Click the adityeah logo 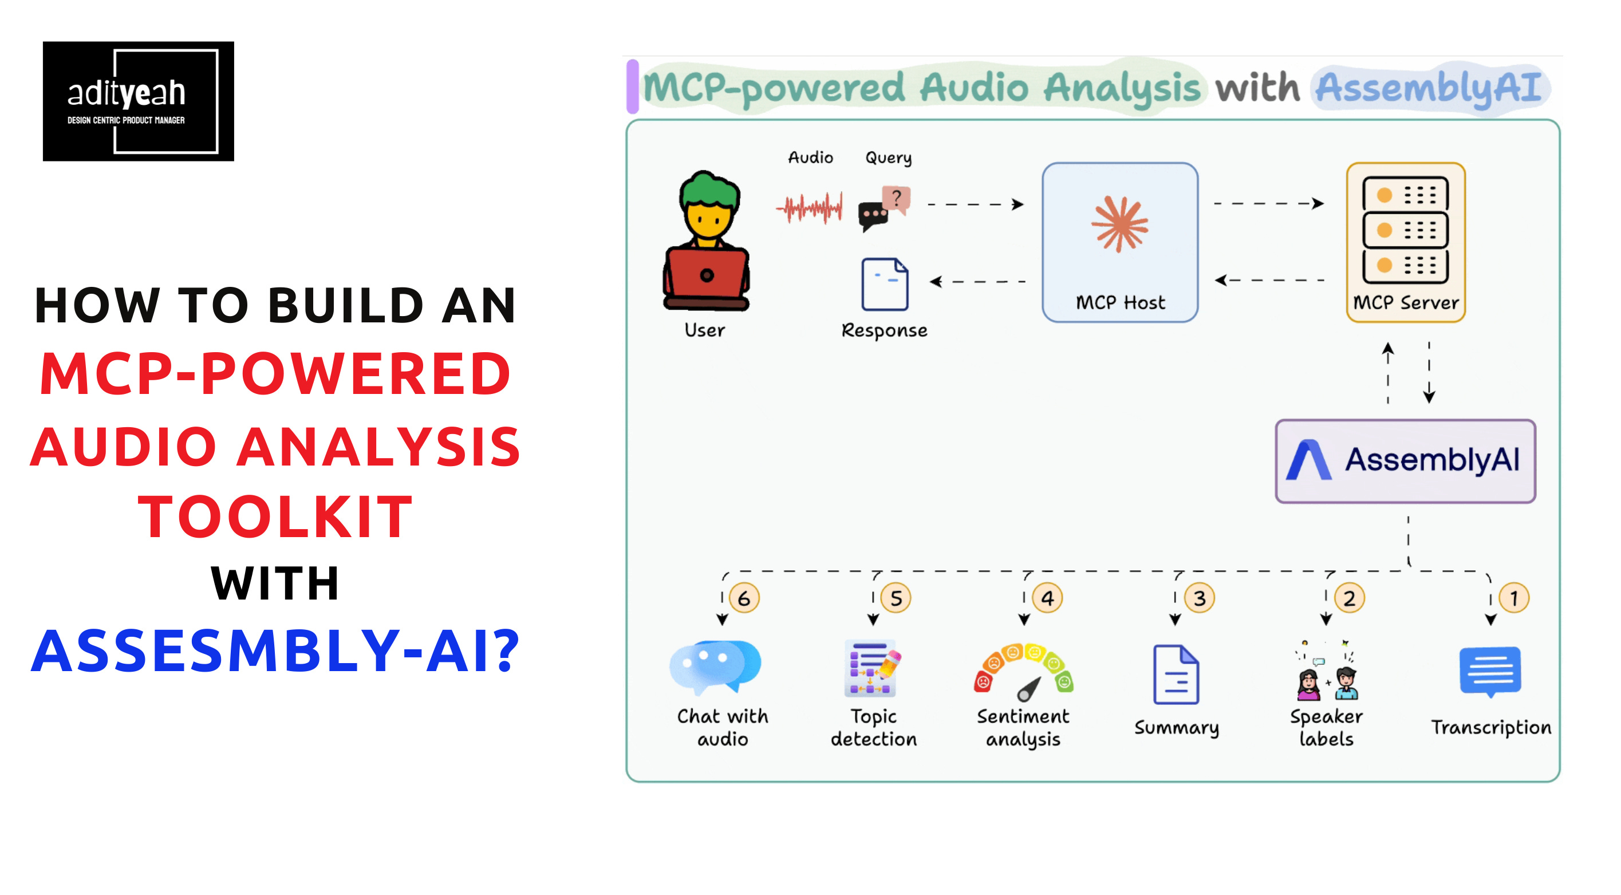click(139, 101)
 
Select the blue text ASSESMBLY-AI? click(275, 651)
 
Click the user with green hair click(706, 240)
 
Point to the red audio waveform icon click(809, 207)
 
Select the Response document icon click(885, 284)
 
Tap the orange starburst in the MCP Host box click(1119, 224)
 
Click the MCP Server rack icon click(1405, 230)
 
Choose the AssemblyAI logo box click(1405, 461)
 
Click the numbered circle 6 click(744, 598)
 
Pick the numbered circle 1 click(1513, 598)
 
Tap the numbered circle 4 click(1047, 598)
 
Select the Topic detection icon click(872, 668)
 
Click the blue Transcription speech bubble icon click(1490, 672)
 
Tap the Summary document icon click(1176, 674)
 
